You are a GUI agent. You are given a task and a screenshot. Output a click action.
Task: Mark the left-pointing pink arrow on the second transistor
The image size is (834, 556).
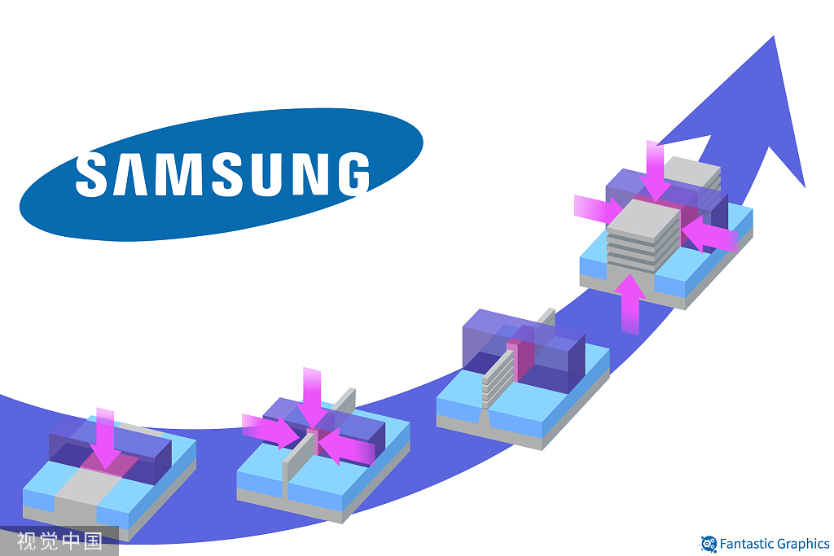346,447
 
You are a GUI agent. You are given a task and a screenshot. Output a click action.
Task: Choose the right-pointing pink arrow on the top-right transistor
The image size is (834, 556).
596,208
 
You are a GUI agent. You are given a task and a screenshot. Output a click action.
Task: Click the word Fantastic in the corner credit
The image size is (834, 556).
748,544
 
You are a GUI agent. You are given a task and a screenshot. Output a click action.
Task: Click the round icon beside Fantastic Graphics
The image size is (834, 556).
709,544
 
